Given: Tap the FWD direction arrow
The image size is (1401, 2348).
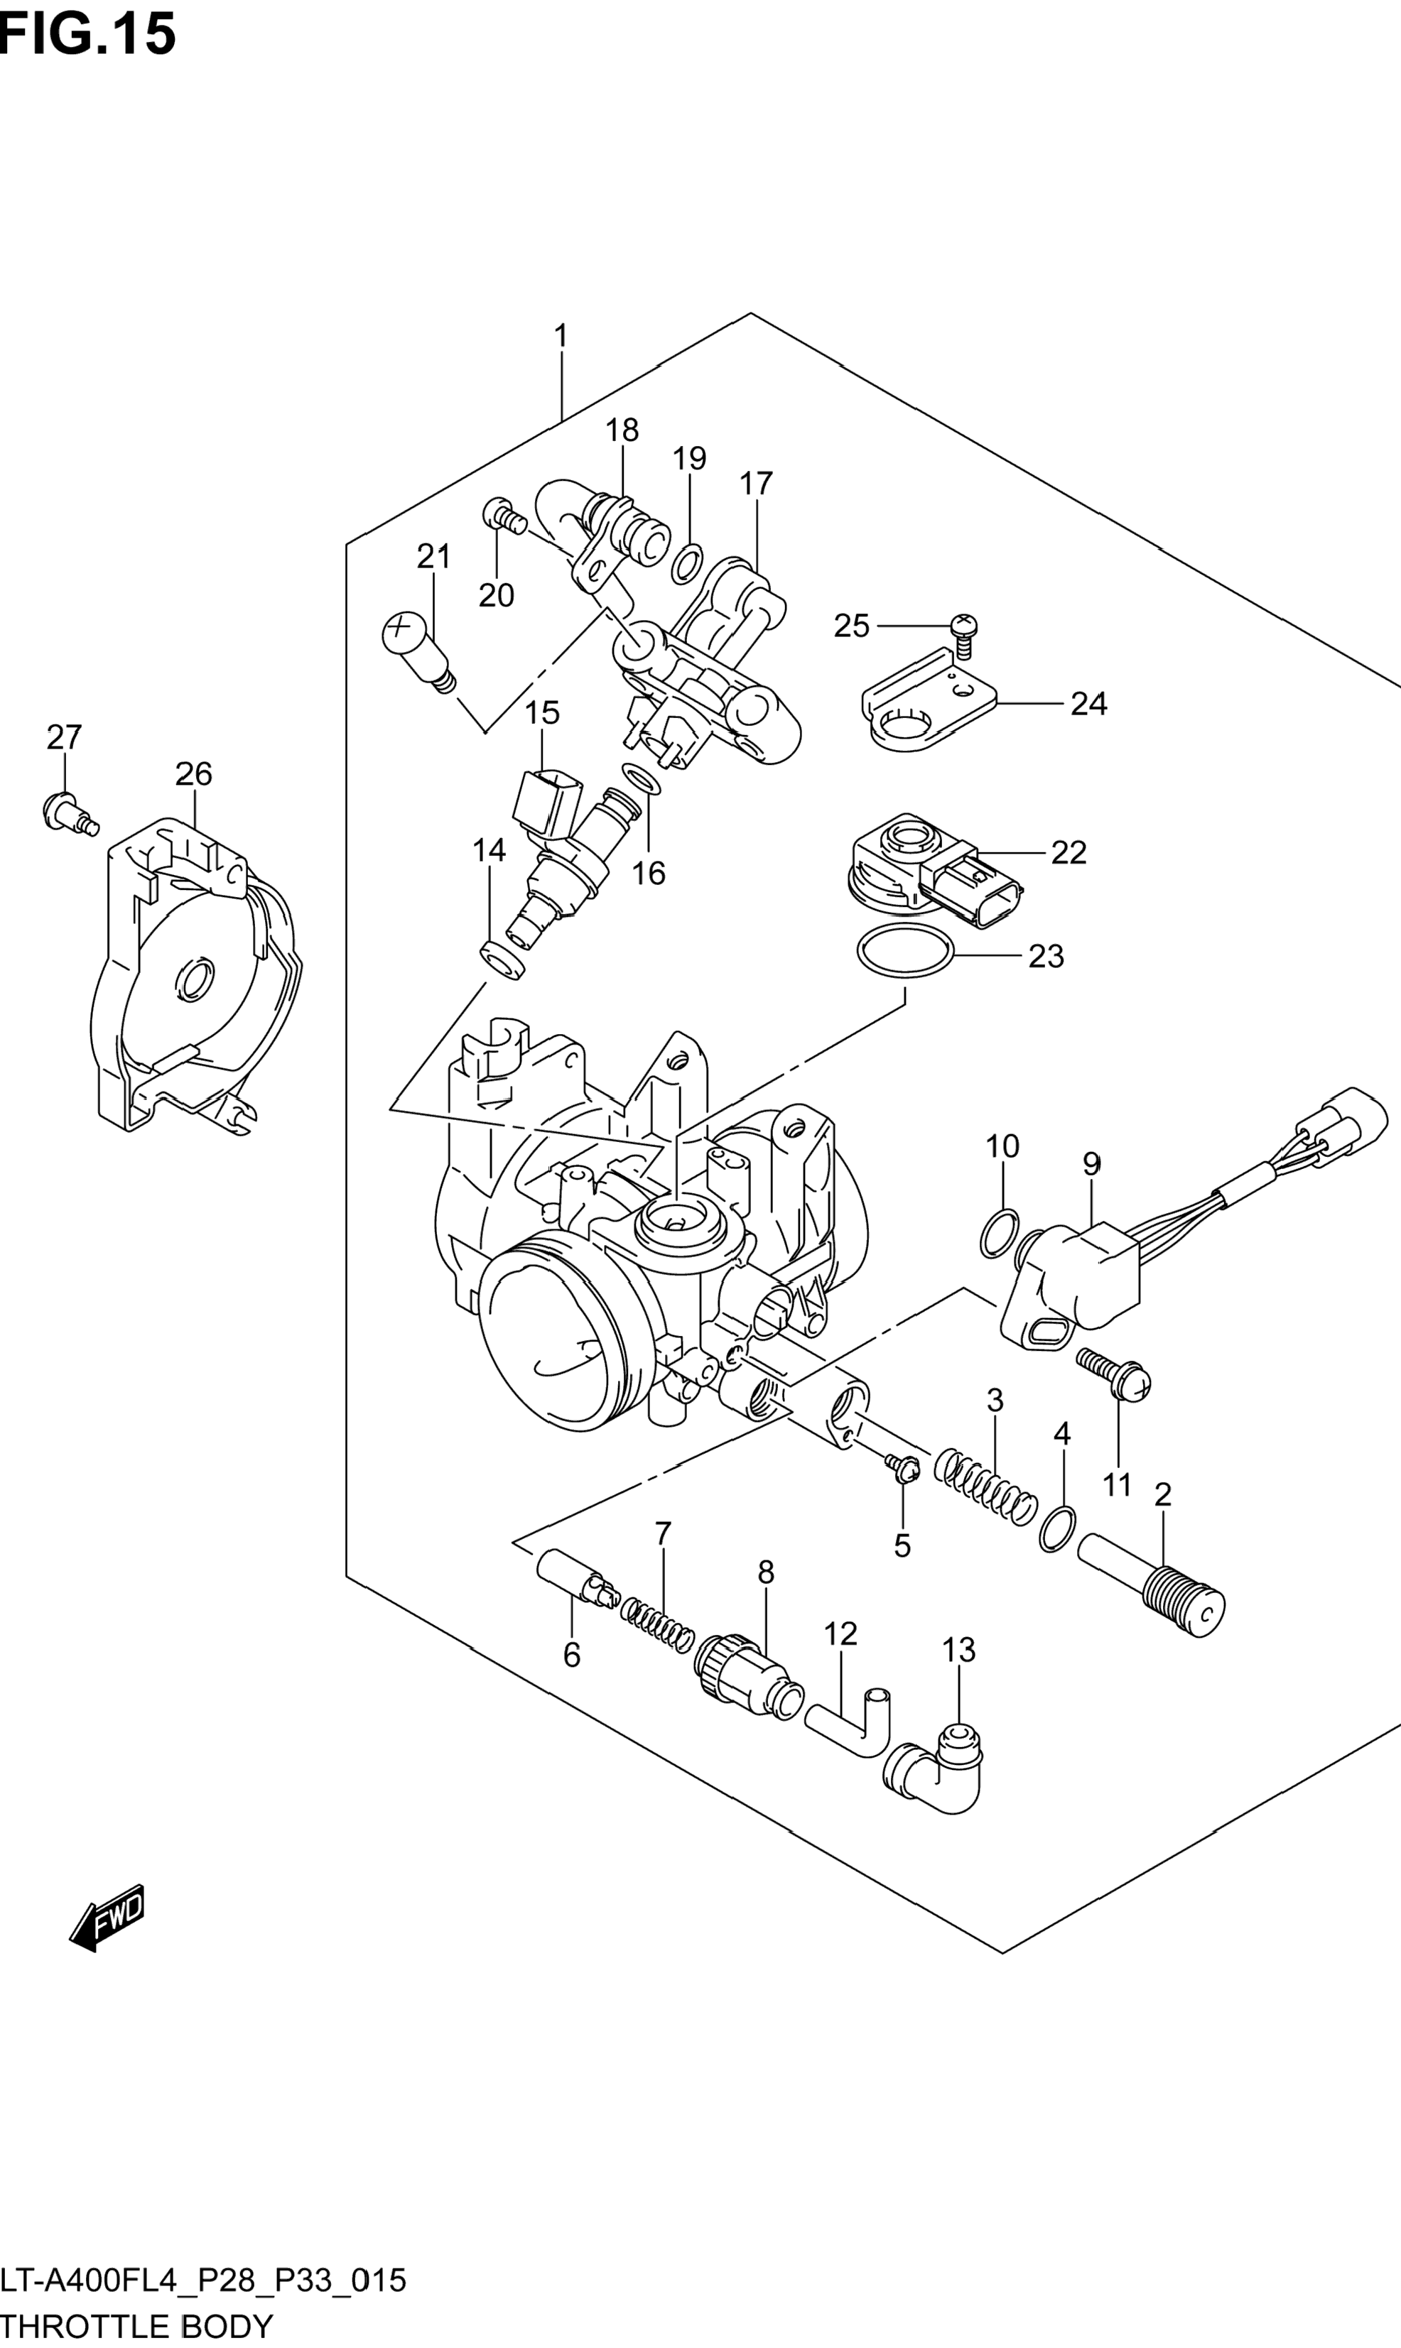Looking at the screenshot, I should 107,1918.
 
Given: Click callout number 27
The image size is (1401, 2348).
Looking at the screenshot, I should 64,737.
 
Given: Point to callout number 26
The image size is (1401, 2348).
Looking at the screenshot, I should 193,774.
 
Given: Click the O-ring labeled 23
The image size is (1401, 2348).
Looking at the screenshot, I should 904,952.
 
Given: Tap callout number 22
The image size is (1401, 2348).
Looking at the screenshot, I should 1069,852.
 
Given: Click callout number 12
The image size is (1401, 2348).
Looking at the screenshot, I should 840,1634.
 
